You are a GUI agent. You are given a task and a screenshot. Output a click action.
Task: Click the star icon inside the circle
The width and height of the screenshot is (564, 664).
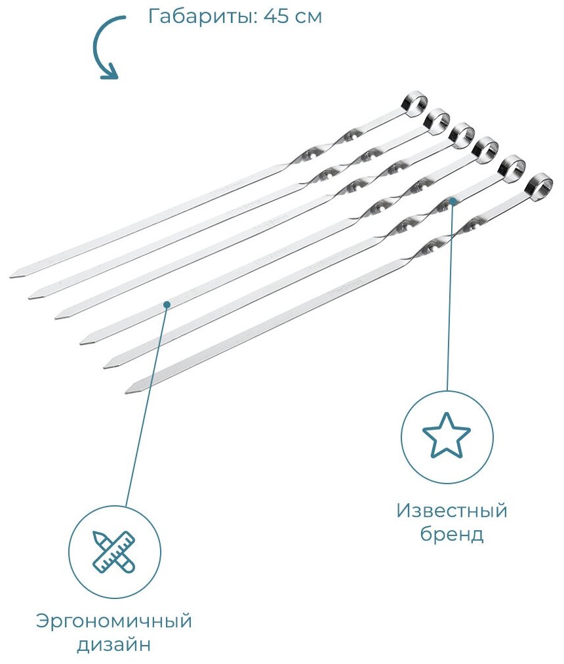tap(446, 436)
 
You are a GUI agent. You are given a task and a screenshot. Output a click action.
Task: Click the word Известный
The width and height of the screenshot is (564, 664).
tap(452, 510)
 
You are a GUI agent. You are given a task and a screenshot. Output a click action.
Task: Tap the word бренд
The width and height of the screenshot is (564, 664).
tap(452, 534)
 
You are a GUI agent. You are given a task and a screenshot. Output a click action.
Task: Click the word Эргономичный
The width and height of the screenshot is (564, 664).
tap(114, 621)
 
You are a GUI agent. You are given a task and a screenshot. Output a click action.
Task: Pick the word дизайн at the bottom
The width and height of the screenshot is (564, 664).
tap(114, 644)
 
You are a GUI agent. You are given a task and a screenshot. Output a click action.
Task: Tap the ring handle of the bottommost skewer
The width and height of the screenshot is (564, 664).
tap(540, 184)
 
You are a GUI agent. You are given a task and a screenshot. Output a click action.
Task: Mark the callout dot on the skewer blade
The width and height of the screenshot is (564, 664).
tap(167, 304)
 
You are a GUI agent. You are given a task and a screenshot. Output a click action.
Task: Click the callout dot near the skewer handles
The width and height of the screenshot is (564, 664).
tap(453, 200)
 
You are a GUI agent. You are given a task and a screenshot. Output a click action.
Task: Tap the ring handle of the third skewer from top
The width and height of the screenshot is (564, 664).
tap(462, 134)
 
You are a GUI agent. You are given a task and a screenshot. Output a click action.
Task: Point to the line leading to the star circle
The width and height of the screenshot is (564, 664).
tap(450, 295)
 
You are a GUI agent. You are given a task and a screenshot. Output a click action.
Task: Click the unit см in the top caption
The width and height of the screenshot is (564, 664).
tap(310, 16)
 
